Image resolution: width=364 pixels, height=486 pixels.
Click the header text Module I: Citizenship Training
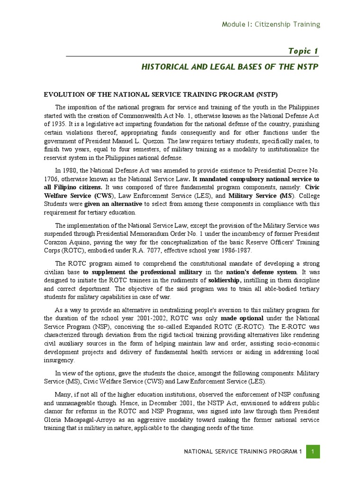point(271,24)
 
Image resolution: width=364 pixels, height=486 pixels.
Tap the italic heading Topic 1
point(303,51)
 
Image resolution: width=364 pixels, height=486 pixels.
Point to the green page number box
point(313,452)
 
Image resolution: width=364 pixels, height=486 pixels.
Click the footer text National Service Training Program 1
point(243,452)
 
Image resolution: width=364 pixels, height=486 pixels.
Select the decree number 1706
point(51,179)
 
